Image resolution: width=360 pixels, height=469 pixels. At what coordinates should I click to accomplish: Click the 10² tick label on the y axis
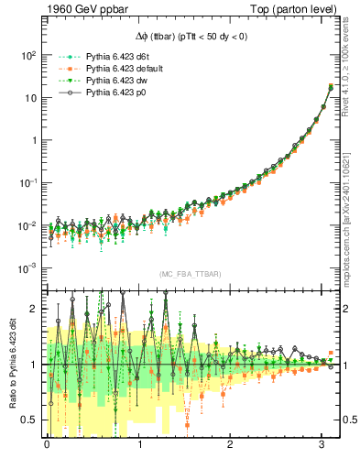(x=28, y=55)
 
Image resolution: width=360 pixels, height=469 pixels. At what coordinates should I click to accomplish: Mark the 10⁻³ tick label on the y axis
(x=28, y=268)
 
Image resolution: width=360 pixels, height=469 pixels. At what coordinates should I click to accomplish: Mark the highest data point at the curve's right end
(x=329, y=87)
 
